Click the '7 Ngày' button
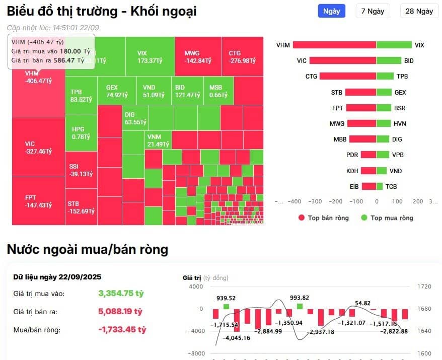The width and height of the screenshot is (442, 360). tap(373, 11)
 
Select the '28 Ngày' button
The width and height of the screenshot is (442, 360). tap(419, 11)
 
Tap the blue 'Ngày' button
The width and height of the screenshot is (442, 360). tap(331, 11)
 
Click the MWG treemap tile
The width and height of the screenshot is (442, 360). tap(198, 56)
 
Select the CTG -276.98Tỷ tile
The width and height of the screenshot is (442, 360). tap(242, 56)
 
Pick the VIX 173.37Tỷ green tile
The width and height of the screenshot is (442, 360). tap(149, 56)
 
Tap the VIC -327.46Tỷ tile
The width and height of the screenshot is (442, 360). tap(38, 147)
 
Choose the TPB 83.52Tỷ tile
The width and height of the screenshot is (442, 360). tap(81, 96)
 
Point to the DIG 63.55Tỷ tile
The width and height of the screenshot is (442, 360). tap(135, 118)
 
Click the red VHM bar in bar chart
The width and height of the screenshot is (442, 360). tap(334, 45)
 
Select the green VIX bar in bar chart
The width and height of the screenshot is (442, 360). tap(394, 45)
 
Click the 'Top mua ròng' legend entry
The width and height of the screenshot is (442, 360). tap(387, 218)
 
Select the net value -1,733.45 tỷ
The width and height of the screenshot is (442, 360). tap(122, 330)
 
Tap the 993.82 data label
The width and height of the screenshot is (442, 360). tap(299, 298)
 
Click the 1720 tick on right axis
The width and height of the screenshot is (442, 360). tap(424, 286)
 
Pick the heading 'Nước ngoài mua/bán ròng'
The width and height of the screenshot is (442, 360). tap(88, 249)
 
